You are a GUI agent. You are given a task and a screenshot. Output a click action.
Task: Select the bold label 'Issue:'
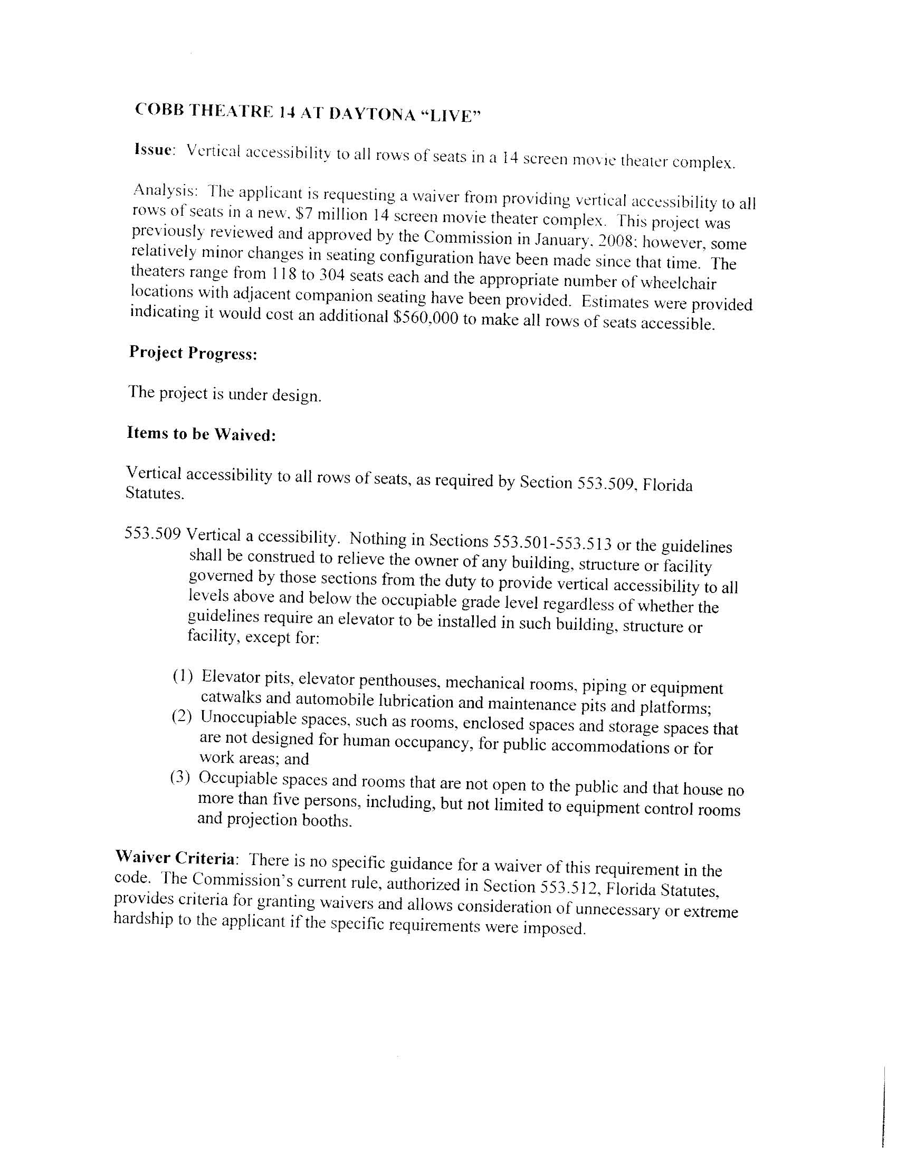[154, 150]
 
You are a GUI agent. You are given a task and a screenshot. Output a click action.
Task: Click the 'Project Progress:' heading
[193, 353]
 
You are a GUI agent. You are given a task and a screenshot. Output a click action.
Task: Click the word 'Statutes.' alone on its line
[155, 493]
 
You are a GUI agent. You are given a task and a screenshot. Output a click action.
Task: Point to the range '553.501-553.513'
[552, 542]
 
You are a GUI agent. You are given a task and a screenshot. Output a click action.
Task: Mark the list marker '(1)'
[182, 676]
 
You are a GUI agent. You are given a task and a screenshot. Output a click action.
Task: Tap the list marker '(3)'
[180, 778]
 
